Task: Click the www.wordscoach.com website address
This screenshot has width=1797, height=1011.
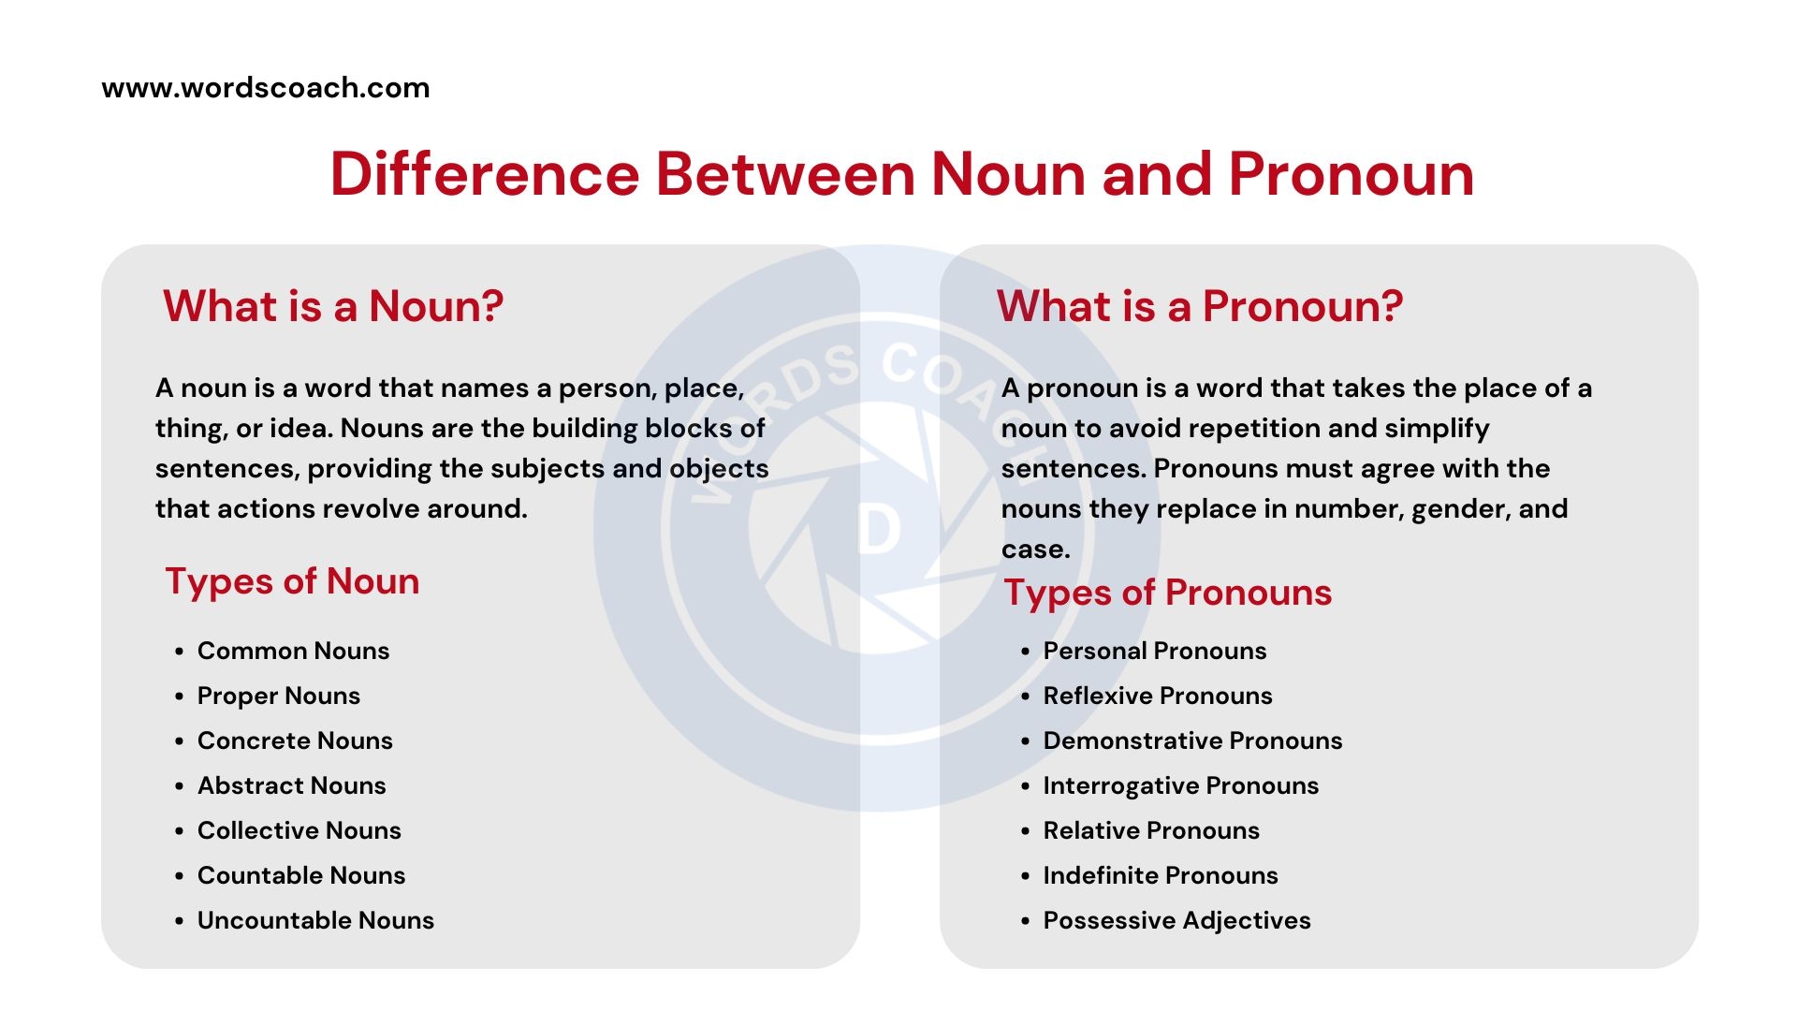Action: [x=266, y=88]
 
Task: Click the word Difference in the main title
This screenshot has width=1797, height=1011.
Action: [x=485, y=174]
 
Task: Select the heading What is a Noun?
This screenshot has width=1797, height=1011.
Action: [x=333, y=306]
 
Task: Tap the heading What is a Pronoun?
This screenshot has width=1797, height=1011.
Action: [x=1200, y=306]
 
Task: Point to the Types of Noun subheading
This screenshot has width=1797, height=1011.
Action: [x=292, y=581]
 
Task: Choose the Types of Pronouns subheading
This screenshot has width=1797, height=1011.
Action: [x=1167, y=593]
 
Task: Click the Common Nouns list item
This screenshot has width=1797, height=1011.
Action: [x=293, y=651]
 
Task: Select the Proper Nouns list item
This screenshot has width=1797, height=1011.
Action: [x=279, y=696]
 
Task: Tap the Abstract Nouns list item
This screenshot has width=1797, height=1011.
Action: [x=291, y=785]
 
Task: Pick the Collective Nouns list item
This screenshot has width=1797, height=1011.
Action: [x=299, y=830]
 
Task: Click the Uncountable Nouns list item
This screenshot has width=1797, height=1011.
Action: [x=315, y=920]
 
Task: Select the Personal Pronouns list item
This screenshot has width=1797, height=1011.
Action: [x=1155, y=651]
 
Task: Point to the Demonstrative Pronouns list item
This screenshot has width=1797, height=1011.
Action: [x=1192, y=740]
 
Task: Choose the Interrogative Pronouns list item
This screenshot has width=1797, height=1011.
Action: [x=1181, y=785]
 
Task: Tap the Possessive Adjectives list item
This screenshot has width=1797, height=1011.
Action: [x=1176, y=920]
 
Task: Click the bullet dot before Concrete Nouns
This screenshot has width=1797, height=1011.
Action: [x=179, y=741]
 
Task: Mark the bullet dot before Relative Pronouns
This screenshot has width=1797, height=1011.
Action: [x=1025, y=831]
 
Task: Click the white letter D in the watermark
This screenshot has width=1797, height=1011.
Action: [x=879, y=530]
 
